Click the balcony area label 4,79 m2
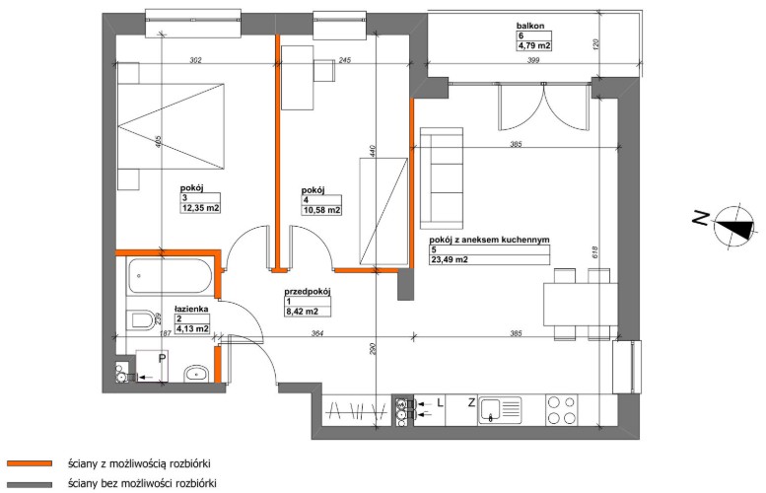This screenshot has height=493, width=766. point(534,46)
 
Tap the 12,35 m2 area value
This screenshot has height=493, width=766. point(200,208)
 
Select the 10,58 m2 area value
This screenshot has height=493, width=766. point(321,211)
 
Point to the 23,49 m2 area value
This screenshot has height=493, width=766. point(449,260)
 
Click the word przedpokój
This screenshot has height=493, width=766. point(308,292)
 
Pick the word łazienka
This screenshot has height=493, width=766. point(192,309)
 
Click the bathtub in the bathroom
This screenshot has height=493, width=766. point(170,276)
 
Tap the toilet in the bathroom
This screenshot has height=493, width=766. point(142,321)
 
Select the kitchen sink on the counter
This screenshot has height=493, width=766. point(500,409)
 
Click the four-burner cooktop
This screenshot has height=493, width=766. point(562,410)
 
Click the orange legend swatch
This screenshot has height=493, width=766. point(30,463)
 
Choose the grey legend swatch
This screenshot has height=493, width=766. point(30,485)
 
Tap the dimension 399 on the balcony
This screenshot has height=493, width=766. point(533,60)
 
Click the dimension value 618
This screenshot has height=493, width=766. point(595,251)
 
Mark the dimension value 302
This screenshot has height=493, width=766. point(195,60)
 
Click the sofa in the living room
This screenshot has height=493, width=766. point(442,178)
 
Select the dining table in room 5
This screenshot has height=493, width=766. point(581,305)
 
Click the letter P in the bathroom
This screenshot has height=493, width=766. point(162,359)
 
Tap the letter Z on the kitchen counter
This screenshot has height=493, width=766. point(471,403)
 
